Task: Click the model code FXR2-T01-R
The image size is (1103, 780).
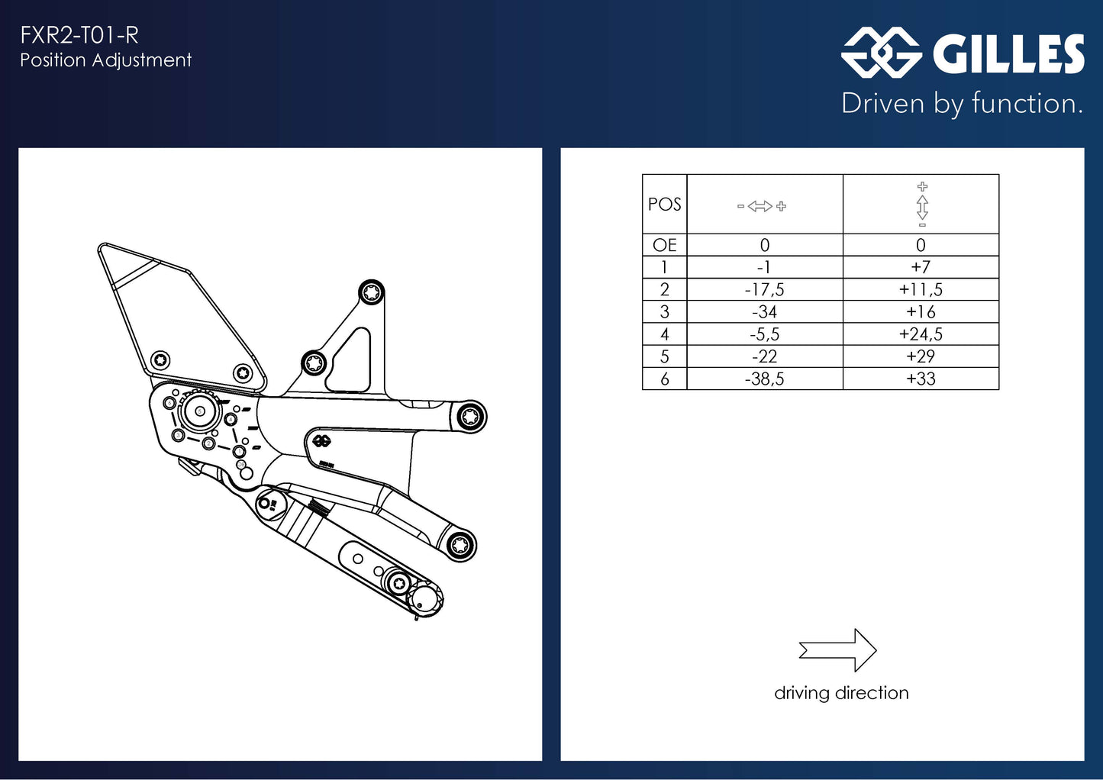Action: (x=79, y=35)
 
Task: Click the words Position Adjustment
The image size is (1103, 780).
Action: (x=105, y=60)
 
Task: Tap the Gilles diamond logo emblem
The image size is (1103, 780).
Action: (x=881, y=53)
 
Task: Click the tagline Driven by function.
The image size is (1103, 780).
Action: (x=962, y=104)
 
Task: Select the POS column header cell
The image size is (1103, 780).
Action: (x=664, y=205)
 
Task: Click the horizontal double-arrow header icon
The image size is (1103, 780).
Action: (x=761, y=206)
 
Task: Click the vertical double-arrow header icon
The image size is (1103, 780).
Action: (x=922, y=205)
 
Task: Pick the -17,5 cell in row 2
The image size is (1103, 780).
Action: (x=764, y=290)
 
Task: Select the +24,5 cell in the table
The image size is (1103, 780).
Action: (x=921, y=334)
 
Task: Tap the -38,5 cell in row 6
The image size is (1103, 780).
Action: (x=764, y=379)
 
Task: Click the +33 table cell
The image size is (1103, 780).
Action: (x=921, y=379)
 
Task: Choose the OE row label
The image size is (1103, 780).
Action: (x=664, y=245)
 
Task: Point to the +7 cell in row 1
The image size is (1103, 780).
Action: (x=921, y=267)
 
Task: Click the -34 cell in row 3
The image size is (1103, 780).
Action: (x=764, y=312)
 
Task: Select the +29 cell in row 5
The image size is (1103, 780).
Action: (x=921, y=356)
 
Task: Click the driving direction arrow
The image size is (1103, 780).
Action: (x=838, y=650)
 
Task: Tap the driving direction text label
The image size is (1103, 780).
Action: (x=841, y=693)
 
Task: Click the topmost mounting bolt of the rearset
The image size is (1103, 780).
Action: (x=372, y=292)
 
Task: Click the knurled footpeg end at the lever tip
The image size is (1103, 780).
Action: (x=424, y=599)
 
